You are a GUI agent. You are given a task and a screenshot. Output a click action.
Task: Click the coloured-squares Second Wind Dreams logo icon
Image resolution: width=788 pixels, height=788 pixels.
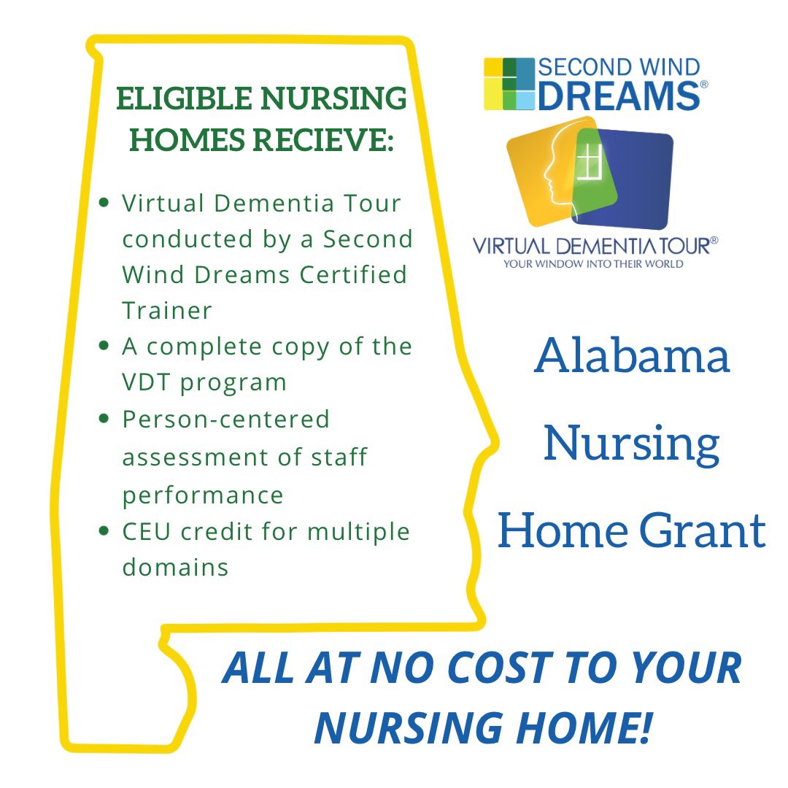coord(509,84)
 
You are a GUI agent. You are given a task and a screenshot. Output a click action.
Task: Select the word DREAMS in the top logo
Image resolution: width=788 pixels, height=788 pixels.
coord(619,96)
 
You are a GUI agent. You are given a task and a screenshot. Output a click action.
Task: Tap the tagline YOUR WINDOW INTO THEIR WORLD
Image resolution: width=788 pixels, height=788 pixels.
coord(592,263)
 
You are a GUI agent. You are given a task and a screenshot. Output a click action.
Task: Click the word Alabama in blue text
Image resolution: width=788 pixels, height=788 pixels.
coord(632,357)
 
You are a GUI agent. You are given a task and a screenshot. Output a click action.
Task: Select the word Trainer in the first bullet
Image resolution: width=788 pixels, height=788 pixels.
coord(167,310)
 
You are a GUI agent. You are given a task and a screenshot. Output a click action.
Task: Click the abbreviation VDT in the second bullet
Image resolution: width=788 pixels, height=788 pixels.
coord(149,382)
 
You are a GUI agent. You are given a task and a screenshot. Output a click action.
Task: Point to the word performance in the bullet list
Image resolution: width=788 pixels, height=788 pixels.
coord(203,495)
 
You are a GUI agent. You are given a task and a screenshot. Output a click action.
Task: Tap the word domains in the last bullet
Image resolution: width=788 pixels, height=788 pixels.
coord(175,567)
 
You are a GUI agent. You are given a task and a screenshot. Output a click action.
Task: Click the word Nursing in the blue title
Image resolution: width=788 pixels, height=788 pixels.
coord(632,444)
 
